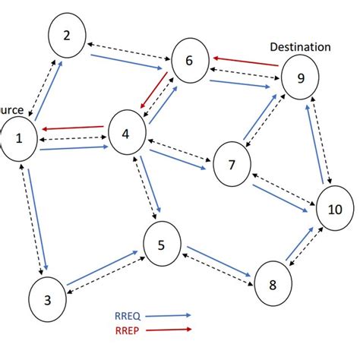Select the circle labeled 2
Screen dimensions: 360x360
point(68,34)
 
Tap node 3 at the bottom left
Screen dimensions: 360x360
point(48,299)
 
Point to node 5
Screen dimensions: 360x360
point(161,245)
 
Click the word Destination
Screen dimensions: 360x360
point(300,46)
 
